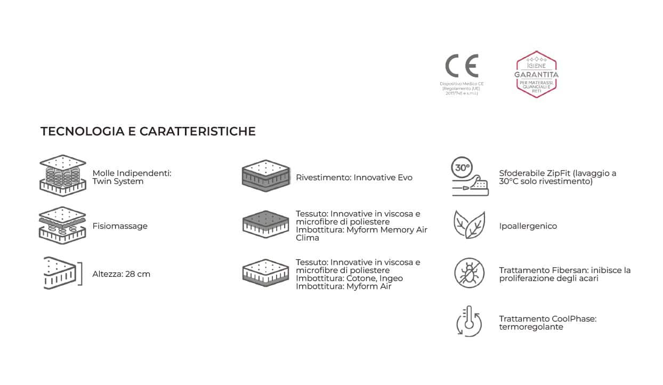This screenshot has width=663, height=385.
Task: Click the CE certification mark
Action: pyautogui.click(x=462, y=66)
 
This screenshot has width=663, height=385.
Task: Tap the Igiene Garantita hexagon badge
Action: pyautogui.click(x=536, y=75)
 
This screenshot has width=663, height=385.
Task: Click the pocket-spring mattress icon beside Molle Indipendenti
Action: pyautogui.click(x=62, y=175)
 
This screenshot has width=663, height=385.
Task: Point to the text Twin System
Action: pyautogui.click(x=118, y=181)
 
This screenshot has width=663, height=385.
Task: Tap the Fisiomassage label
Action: pyautogui.click(x=120, y=226)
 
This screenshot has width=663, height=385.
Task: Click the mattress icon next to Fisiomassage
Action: pyautogui.click(x=62, y=225)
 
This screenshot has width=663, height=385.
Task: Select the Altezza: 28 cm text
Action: pyautogui.click(x=122, y=274)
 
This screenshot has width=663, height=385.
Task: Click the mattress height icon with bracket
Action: pyautogui.click(x=62, y=273)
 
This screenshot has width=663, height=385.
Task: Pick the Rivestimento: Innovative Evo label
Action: pyautogui.click(x=354, y=178)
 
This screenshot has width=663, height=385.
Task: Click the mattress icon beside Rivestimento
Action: pyautogui.click(x=265, y=175)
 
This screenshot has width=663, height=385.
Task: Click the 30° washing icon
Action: pyautogui.click(x=470, y=176)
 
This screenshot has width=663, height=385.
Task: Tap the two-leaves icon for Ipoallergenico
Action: pyautogui.click(x=469, y=224)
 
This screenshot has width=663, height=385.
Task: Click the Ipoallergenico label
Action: pyautogui.click(x=528, y=226)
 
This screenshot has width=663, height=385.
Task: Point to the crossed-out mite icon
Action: pyautogui.click(x=469, y=272)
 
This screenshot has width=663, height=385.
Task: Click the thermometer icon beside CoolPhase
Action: pyautogui.click(x=469, y=321)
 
